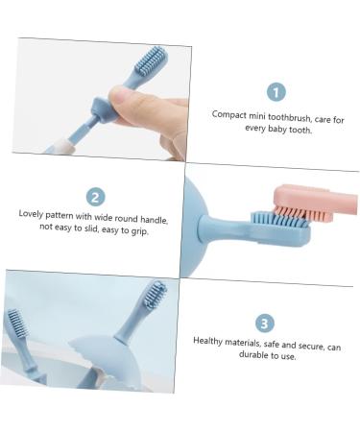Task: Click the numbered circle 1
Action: [x=276, y=91]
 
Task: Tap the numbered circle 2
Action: [x=95, y=197]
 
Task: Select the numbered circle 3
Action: [x=265, y=324]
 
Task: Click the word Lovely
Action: [x=35, y=213]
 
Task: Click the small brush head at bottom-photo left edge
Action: [x=14, y=322]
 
